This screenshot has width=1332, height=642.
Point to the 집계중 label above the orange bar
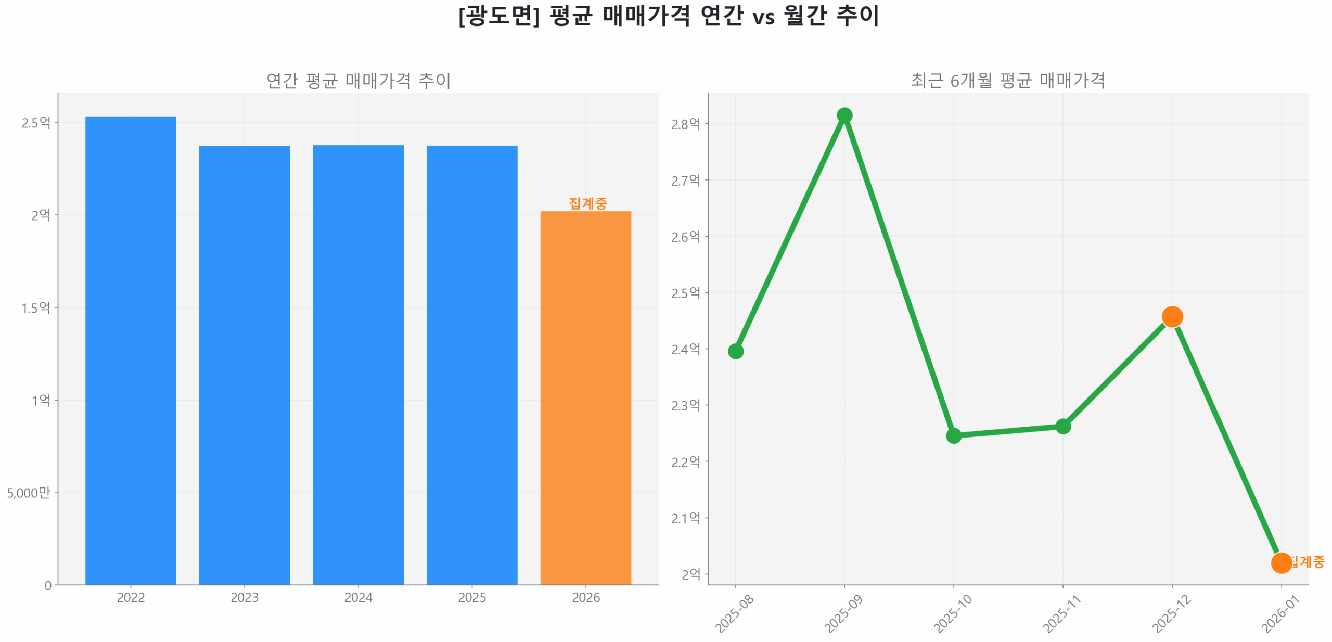(587, 203)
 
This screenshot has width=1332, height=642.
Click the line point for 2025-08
(735, 351)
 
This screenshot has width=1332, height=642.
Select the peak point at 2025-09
(844, 115)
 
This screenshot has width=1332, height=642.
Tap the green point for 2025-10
(953, 435)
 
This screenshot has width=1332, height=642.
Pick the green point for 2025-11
(1062, 426)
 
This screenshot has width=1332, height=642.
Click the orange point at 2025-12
(1172, 316)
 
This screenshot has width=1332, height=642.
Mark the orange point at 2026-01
(1280, 562)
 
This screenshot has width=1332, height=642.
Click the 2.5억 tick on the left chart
(36, 123)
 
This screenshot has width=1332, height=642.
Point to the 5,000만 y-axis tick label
(29, 492)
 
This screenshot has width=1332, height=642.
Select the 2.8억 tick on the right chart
(685, 124)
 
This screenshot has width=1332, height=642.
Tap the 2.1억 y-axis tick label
(685, 518)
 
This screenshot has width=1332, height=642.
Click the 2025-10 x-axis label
(952, 613)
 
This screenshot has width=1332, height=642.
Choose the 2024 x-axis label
(358, 597)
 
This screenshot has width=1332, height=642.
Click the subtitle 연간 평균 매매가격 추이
(358, 81)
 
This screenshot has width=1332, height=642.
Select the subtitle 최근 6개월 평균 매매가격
(1007, 81)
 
